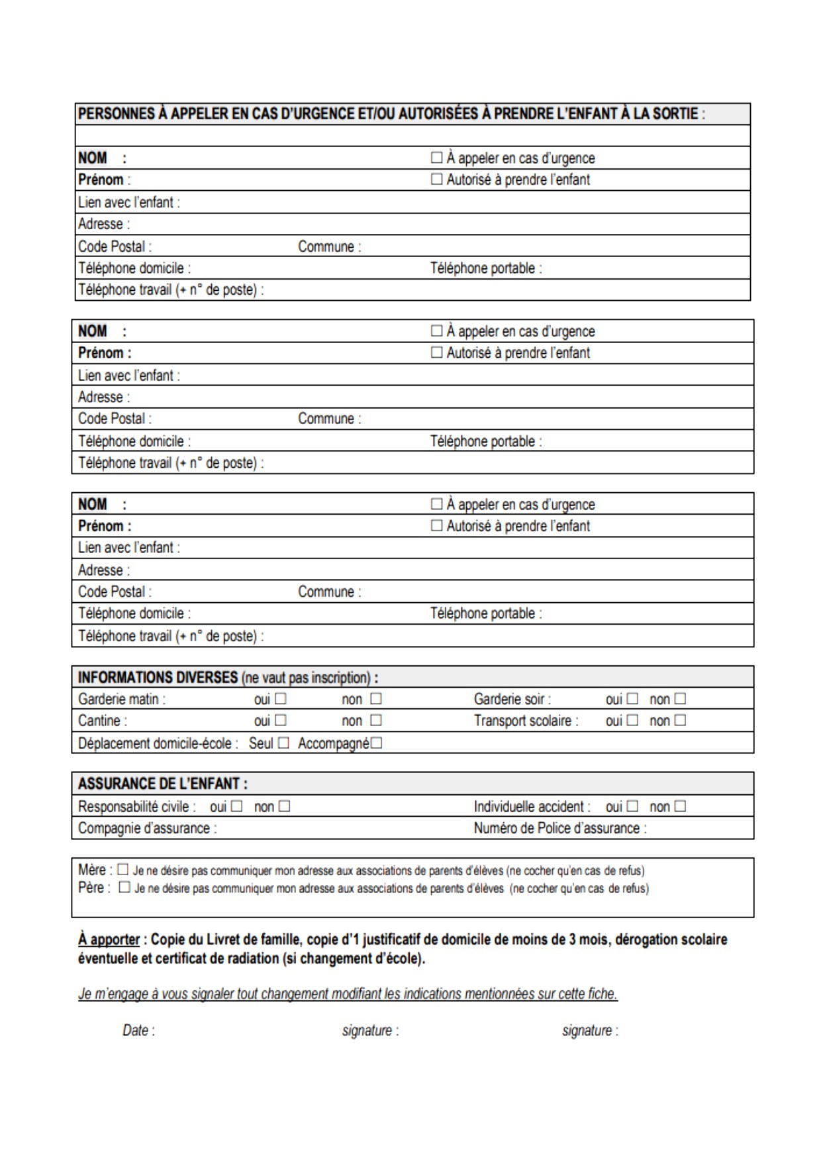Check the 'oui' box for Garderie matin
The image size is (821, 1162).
point(281,698)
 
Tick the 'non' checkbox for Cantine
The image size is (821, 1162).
point(376,720)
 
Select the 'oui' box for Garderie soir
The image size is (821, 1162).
point(632,698)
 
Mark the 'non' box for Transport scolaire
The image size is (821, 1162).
point(679,720)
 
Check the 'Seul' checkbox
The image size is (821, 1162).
point(283,743)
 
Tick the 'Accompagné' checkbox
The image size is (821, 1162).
point(376,743)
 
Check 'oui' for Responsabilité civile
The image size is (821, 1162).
point(236,806)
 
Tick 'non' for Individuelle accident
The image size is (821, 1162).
point(679,806)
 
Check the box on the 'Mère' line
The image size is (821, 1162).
point(122,871)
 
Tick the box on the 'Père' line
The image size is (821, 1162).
point(124,888)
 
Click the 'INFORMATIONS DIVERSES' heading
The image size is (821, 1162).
point(158,678)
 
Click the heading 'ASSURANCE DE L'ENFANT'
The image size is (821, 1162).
point(162,784)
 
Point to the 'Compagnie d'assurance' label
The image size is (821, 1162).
point(147,828)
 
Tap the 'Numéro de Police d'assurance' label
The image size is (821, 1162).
point(559,828)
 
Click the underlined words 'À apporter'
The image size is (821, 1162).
point(109,939)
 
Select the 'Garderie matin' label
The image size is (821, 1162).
point(121,699)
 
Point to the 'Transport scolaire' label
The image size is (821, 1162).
point(525,721)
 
